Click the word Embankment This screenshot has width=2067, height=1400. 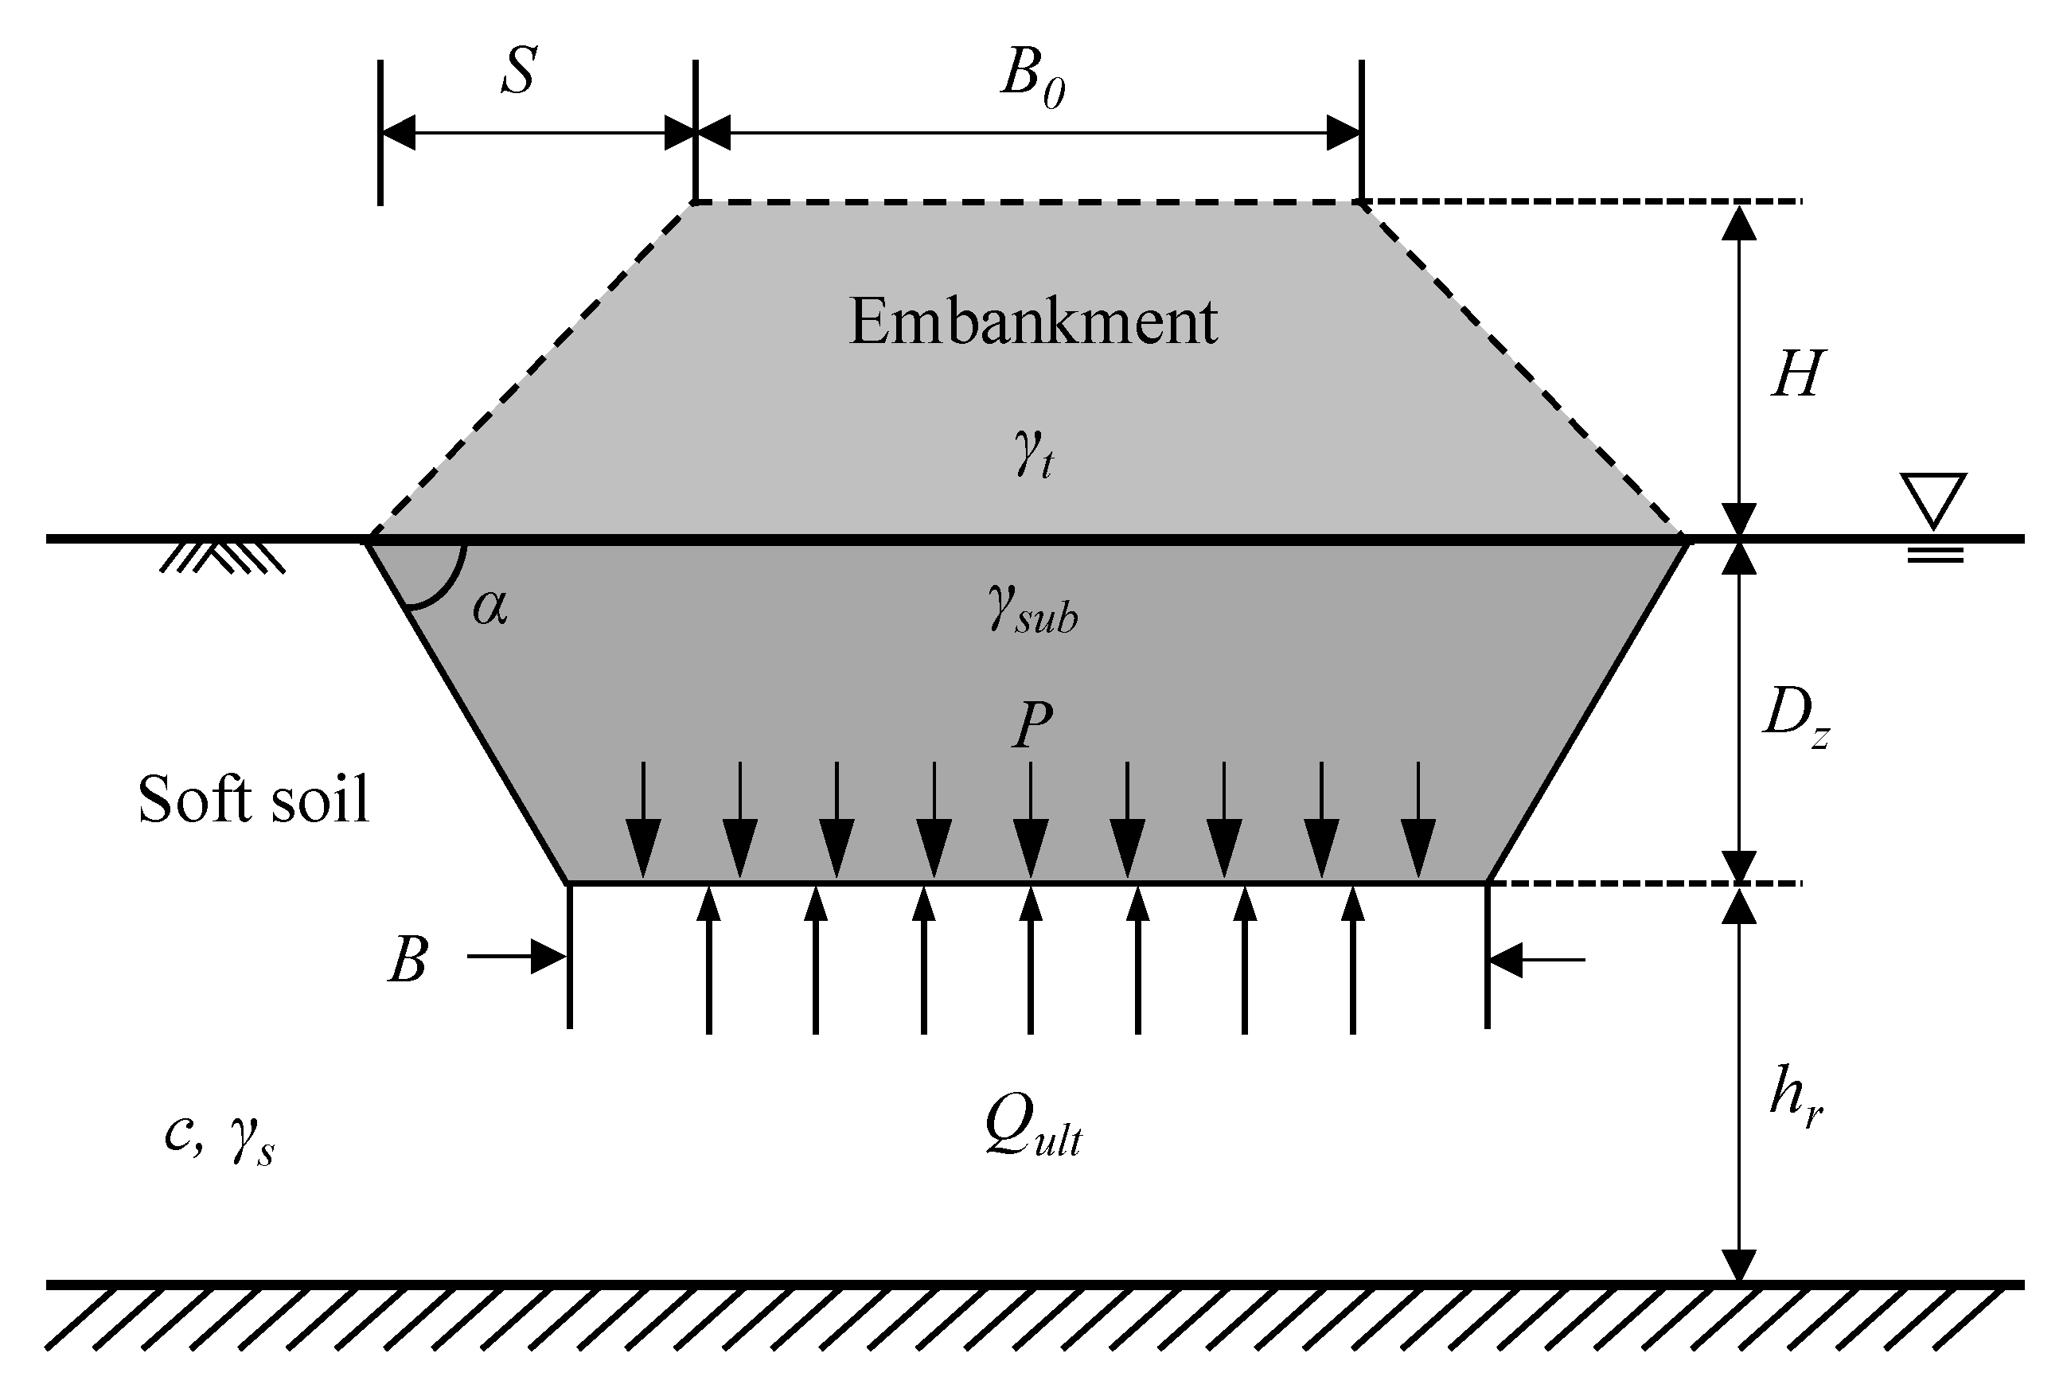[1032, 322]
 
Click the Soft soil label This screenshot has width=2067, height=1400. [253, 799]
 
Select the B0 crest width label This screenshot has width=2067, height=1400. [1032, 78]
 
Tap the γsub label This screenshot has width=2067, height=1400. [1032, 612]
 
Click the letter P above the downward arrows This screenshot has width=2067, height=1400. [1032, 726]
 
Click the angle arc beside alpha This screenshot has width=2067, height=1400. [445, 587]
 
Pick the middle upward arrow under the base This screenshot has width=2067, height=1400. [1031, 961]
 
